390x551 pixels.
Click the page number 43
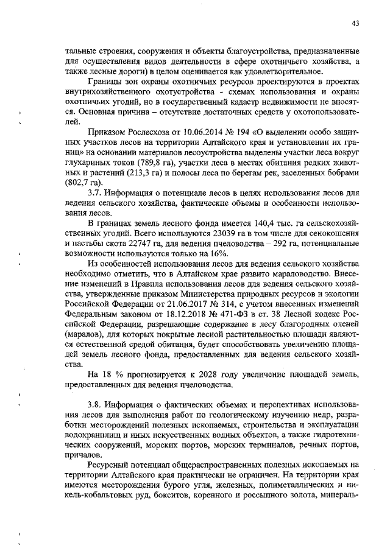[x=355, y=24]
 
